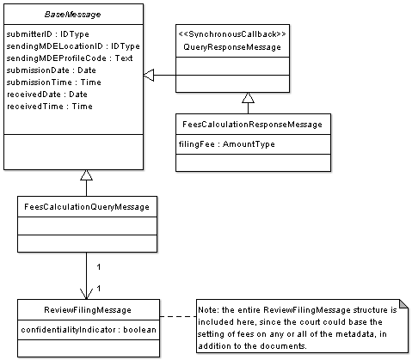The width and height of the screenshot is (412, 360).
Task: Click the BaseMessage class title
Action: coord(72,15)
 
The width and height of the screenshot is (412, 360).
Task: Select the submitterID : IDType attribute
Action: coord(47,34)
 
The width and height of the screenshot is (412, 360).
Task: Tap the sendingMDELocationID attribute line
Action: coord(73,46)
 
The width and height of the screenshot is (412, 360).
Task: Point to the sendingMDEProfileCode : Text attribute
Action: coord(70,58)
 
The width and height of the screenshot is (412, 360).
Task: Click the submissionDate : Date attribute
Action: coord(51,70)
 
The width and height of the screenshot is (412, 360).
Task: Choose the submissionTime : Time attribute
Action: coord(53,82)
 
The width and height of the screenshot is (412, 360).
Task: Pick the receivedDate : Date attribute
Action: coord(46,95)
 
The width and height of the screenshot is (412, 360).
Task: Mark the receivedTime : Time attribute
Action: coord(49,107)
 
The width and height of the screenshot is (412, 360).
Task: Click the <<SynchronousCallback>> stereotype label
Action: coord(232,34)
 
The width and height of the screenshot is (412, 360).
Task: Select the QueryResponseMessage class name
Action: coord(232,47)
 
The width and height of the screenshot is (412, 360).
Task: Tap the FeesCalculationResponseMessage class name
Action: coord(253,125)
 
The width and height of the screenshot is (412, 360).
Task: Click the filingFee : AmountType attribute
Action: coord(226,144)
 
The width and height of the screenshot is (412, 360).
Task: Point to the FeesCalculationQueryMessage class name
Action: coord(87,207)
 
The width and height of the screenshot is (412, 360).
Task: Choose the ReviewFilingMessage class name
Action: coord(88,310)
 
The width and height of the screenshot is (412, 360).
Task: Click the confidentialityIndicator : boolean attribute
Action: coord(89,330)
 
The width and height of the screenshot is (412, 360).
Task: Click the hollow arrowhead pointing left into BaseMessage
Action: coord(149,76)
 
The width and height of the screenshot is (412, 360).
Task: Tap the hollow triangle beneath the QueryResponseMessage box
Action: coord(248,98)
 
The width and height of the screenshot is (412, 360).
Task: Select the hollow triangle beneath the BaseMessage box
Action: coord(86,175)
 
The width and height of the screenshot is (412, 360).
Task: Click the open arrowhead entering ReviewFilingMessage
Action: coord(86,294)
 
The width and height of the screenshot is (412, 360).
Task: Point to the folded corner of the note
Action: coord(403,304)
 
